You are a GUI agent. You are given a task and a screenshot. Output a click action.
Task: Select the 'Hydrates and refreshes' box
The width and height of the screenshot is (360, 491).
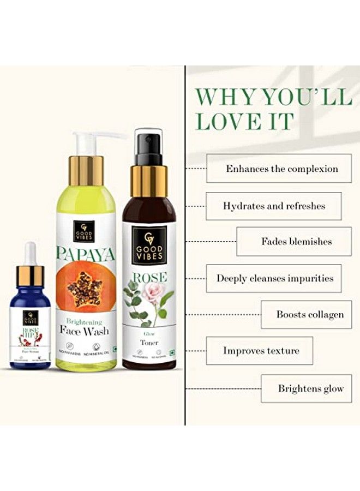[274, 206]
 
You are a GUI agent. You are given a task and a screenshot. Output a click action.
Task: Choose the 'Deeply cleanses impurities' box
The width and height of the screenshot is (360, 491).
[274, 278]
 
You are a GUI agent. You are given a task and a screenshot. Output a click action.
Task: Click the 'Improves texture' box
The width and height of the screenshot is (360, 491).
[260, 351]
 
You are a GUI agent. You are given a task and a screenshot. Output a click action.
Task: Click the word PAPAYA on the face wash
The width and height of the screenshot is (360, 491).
[86, 253]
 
